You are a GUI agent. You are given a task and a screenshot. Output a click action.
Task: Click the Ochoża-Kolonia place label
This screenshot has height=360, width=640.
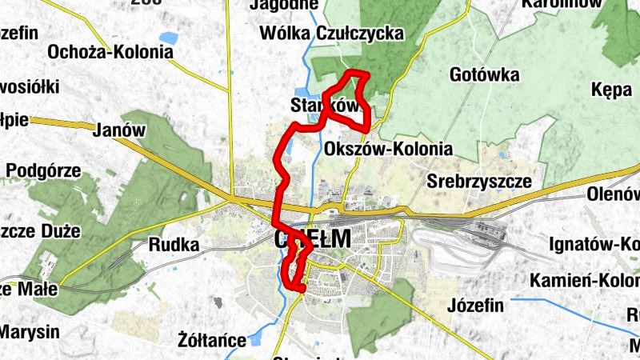click(110, 52)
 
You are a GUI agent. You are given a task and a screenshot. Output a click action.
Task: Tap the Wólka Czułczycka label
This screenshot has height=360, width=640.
click(332, 34)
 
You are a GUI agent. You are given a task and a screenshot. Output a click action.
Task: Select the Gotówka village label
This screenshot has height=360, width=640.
click(485, 75)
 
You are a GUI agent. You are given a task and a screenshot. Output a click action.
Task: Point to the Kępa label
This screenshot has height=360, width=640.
click(612, 90)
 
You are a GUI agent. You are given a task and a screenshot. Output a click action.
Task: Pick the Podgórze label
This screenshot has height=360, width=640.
click(43, 170)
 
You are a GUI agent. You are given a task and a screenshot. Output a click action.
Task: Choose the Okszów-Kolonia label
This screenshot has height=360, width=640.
click(390, 150)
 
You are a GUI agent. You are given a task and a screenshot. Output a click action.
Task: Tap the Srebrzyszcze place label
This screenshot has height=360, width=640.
click(479, 181)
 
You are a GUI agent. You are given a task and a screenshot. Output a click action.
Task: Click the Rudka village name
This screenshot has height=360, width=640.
click(174, 246)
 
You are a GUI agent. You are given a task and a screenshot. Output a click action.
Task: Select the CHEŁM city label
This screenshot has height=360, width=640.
click(313, 238)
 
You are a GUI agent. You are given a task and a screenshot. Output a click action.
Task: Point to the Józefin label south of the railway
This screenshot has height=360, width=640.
click(475, 306)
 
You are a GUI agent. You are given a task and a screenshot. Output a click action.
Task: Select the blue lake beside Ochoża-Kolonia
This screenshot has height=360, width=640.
click(167, 37)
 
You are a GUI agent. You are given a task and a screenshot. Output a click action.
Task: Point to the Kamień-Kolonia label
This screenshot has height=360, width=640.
click(584, 282)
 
